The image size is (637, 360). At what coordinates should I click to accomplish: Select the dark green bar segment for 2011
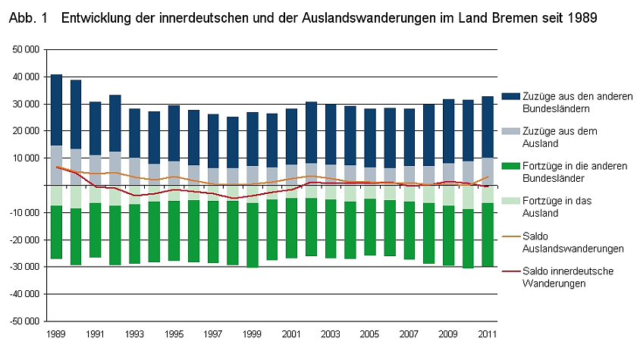[489, 235]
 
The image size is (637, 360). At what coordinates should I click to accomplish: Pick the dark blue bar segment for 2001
[292, 136]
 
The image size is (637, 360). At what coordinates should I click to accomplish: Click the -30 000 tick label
[25, 266]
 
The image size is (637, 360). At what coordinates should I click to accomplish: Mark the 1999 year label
[253, 333]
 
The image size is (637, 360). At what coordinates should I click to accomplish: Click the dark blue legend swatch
[510, 96]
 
